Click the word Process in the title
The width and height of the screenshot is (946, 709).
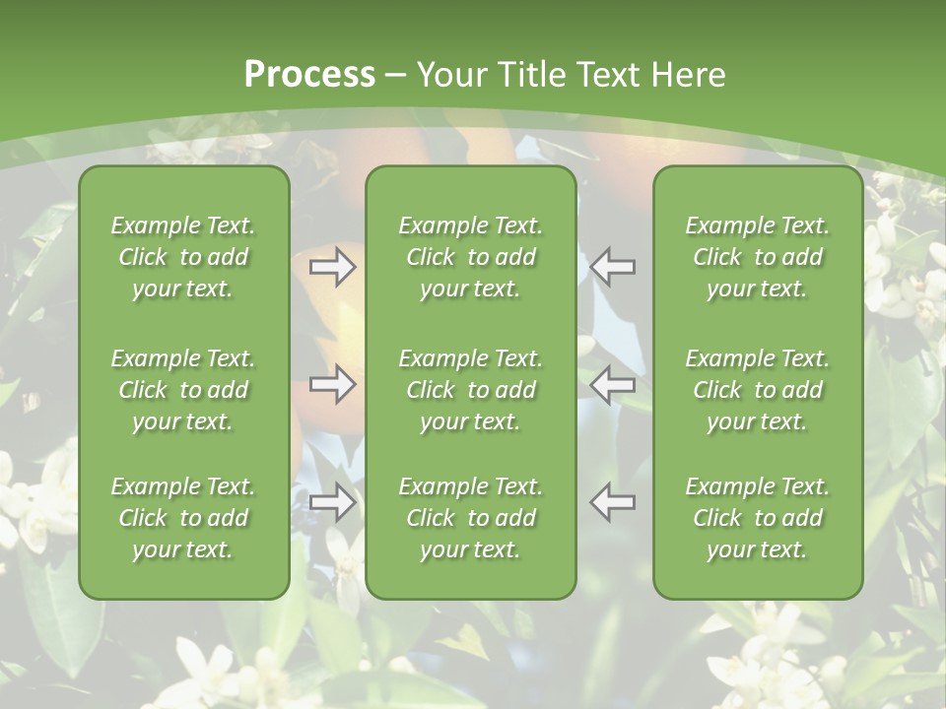pos(309,75)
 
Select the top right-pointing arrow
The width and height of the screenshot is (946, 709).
pos(333,267)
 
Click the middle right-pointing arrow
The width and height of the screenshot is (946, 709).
pos(333,384)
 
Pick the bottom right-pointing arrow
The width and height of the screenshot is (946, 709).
pos(333,502)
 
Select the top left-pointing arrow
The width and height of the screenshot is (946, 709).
pos(612,267)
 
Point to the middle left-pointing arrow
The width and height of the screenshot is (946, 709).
pos(612,384)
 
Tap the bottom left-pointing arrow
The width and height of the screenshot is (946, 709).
pos(612,502)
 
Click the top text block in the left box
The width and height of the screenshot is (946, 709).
pos(183,257)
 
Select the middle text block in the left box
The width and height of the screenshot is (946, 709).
pos(183,390)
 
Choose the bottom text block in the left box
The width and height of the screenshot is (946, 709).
pos(183,518)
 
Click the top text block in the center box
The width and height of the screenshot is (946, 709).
pos(470,257)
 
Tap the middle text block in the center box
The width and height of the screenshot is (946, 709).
pos(470,390)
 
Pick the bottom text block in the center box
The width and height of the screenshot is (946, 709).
pos(470,518)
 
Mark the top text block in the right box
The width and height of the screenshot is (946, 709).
pos(757,257)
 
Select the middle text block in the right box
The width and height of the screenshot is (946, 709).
pos(757,390)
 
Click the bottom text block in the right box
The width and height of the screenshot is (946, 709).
pos(757,518)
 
